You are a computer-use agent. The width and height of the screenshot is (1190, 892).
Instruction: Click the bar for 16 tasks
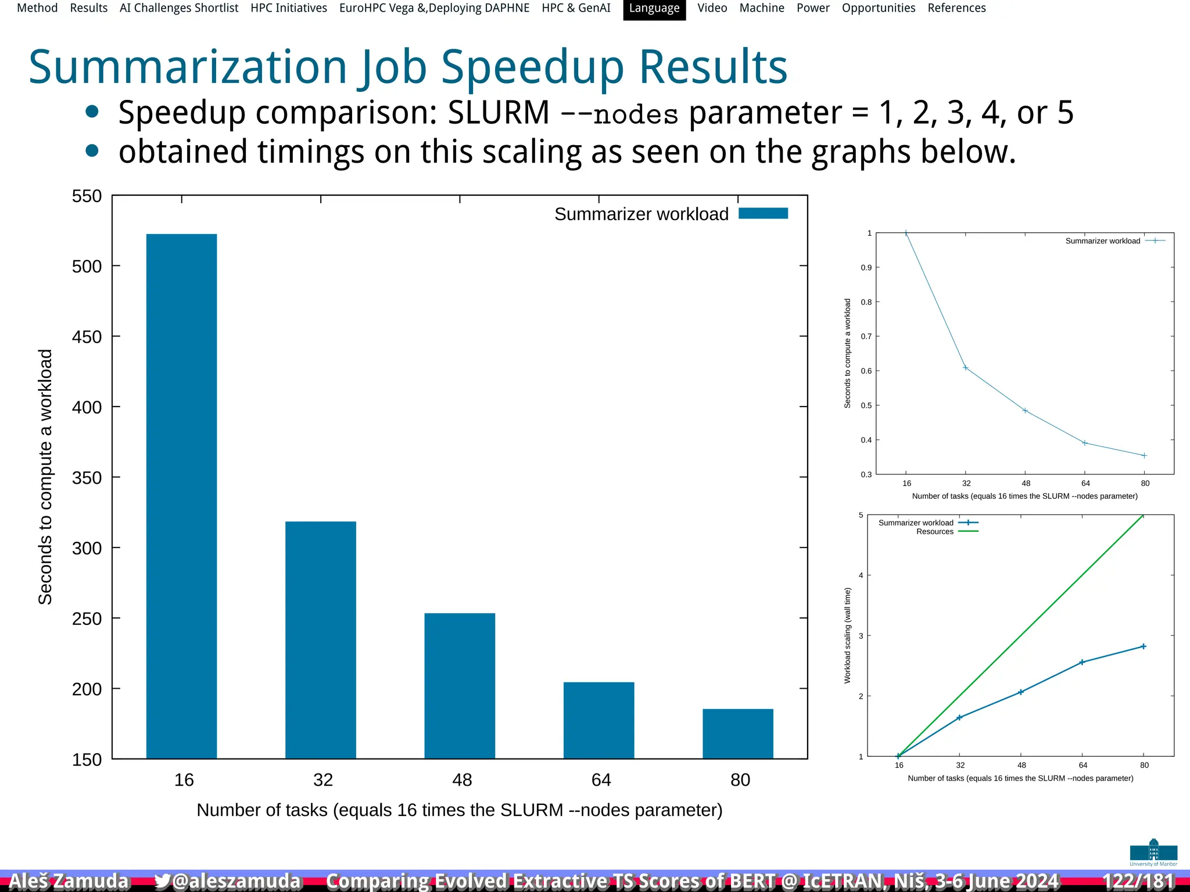pyautogui.click(x=181, y=496)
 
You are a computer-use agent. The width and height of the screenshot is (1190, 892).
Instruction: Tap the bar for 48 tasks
pyautogui.click(x=460, y=685)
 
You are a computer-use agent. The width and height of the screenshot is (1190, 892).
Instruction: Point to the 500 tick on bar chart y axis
pyautogui.click(x=87, y=267)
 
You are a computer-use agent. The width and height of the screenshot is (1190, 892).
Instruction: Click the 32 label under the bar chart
pyautogui.click(x=323, y=779)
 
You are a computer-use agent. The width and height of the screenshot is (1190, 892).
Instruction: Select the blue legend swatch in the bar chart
pyautogui.click(x=763, y=214)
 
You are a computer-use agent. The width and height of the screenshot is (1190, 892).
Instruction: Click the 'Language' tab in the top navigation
pyautogui.click(x=654, y=9)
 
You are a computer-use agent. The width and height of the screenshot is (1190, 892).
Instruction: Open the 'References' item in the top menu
pyautogui.click(x=956, y=9)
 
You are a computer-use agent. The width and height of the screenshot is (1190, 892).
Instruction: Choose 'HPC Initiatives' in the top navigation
pyautogui.click(x=289, y=9)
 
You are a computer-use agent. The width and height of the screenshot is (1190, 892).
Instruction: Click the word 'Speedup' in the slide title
pyautogui.click(x=532, y=67)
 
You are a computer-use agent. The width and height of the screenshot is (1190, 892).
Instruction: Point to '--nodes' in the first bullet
pyautogui.click(x=619, y=114)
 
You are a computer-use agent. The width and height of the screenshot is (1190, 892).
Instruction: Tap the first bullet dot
pyautogui.click(x=92, y=112)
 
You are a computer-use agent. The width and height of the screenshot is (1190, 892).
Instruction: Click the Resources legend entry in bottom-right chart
pyautogui.click(x=935, y=531)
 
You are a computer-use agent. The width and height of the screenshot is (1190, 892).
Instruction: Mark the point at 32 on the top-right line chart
pyautogui.click(x=966, y=368)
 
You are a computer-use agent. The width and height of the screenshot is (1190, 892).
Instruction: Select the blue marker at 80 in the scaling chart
pyautogui.click(x=1144, y=646)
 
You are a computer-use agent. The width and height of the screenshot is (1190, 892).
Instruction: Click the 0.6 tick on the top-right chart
pyautogui.click(x=866, y=371)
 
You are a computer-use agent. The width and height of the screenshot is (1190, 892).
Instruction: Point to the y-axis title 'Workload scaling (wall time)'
pyautogui.click(x=847, y=635)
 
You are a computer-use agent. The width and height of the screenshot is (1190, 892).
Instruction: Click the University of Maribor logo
pyautogui.click(x=1153, y=852)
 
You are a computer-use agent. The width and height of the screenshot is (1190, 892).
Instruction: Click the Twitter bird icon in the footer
pyautogui.click(x=163, y=881)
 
